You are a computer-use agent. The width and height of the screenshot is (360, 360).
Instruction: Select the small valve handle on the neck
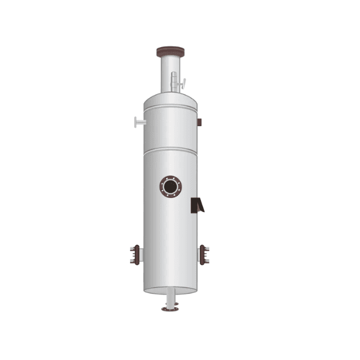point(180,85)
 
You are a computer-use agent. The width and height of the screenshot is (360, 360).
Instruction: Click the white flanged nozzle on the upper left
point(138,121)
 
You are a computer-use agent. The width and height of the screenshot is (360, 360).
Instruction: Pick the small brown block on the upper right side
point(200,122)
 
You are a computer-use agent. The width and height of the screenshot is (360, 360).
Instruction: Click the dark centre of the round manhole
point(171,186)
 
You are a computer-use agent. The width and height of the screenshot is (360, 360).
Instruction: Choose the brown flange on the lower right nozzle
point(205,255)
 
